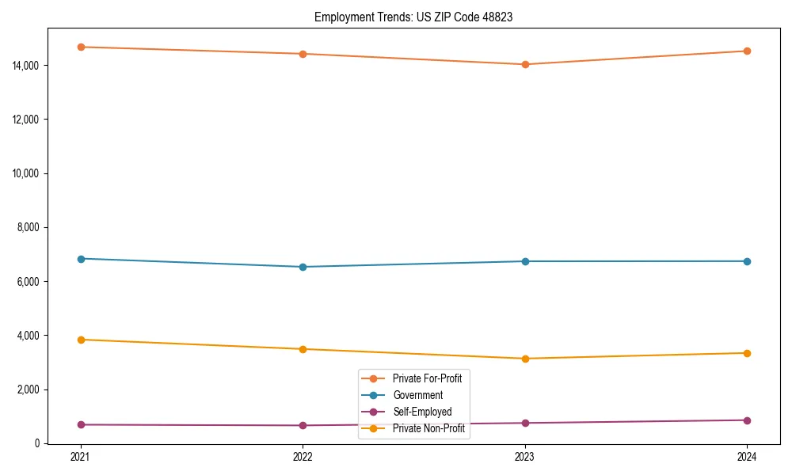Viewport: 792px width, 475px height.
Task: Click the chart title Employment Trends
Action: (413, 17)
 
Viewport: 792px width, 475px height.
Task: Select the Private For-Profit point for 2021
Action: (81, 47)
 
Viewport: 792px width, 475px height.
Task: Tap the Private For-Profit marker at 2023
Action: (525, 64)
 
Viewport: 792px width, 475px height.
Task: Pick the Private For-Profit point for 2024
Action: (747, 51)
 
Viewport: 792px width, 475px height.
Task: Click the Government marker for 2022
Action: (303, 267)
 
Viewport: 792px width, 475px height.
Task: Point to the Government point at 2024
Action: (747, 261)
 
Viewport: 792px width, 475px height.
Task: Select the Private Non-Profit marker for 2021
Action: (81, 340)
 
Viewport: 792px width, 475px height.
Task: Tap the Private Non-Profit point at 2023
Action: (525, 359)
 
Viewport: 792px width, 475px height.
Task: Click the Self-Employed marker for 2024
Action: (747, 420)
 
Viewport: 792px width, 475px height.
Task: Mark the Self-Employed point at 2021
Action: (81, 425)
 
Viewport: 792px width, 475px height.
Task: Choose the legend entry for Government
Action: (417, 395)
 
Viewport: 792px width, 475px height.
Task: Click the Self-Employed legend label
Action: (422, 412)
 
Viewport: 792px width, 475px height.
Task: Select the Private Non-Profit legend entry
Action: (428, 428)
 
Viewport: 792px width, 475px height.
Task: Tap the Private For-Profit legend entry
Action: (427, 378)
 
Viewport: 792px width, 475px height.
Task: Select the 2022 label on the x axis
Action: (303, 457)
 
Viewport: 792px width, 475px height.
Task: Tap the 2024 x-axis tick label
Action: (747, 457)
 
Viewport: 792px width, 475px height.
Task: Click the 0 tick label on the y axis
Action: (37, 443)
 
